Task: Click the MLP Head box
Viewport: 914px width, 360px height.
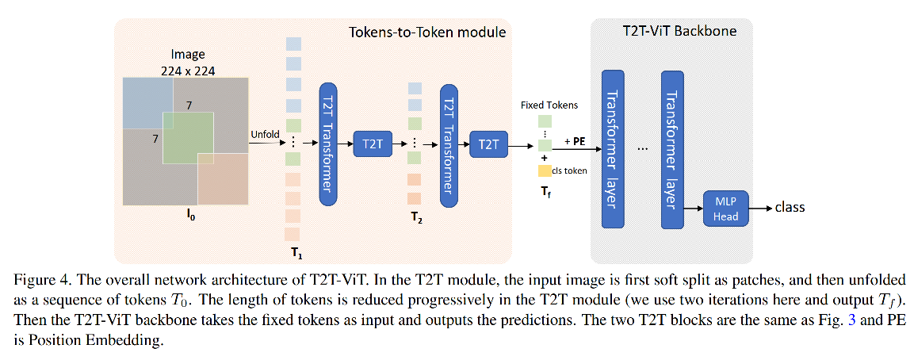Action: coord(725,209)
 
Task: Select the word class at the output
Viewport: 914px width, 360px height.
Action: coord(790,208)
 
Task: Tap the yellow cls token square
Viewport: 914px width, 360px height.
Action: coord(544,170)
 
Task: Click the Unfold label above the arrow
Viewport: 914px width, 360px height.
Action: coord(265,134)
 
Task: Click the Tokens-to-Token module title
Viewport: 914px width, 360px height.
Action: coord(426,33)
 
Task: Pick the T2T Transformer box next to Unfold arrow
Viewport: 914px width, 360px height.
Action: coord(328,144)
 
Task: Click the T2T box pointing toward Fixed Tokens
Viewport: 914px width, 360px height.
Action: coord(488,144)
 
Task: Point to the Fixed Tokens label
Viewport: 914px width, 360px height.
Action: coord(549,105)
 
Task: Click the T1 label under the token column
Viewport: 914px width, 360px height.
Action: coord(296,254)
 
